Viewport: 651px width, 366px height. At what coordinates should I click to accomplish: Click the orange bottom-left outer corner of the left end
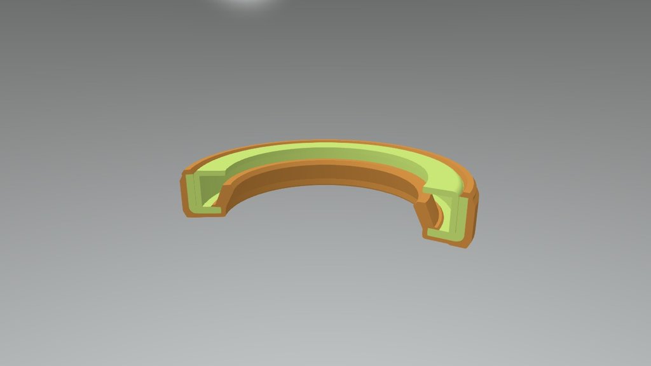pos(186,212)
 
